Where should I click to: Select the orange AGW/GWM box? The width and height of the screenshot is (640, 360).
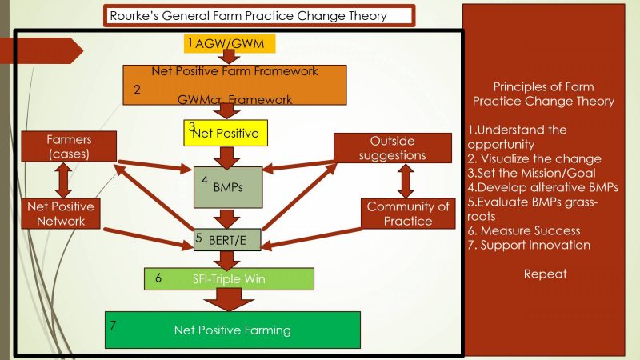click(230, 42)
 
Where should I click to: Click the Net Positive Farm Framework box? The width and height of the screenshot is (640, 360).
click(234, 85)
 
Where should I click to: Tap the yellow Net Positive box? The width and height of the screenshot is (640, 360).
click(226, 133)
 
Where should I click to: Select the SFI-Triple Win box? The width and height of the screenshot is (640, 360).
click(229, 278)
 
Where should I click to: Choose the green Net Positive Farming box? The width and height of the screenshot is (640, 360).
click(233, 330)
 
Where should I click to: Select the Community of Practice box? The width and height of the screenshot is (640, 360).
click(408, 214)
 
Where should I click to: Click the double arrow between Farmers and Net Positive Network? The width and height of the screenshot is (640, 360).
click(61, 180)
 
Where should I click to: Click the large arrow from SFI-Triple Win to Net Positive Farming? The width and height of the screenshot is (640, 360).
click(229, 299)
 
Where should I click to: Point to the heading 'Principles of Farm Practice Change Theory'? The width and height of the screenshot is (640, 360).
click(543, 94)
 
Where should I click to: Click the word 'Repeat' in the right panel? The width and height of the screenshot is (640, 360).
click(545, 274)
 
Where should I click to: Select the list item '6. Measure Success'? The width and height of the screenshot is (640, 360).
click(524, 230)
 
